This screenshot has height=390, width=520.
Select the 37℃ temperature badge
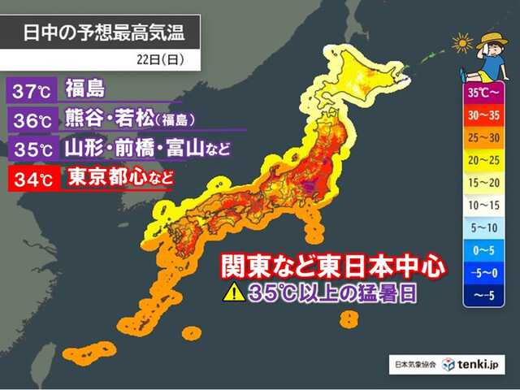(30, 87)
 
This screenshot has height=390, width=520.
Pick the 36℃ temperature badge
(30, 118)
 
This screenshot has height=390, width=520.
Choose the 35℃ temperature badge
(30, 149)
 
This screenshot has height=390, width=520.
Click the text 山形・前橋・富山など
(146, 149)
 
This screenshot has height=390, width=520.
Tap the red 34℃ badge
(30, 177)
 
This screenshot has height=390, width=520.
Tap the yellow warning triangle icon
(234, 293)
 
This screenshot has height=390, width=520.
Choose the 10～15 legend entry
(484, 206)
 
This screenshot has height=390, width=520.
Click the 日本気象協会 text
(415, 366)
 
